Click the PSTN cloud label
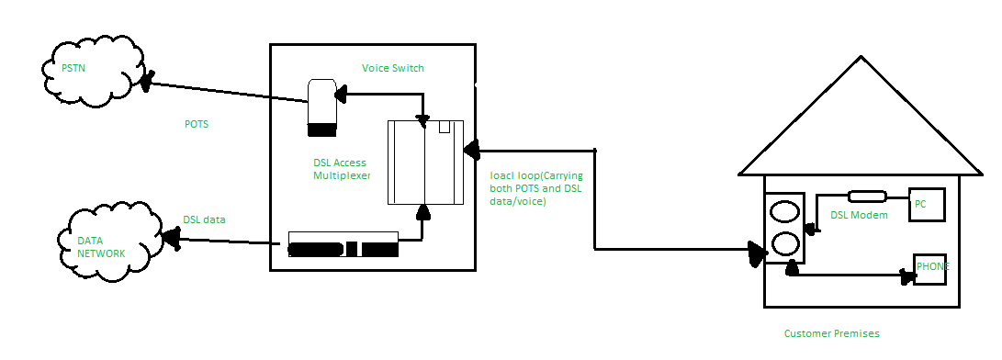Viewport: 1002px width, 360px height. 73,67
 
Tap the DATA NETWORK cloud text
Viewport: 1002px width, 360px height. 101,247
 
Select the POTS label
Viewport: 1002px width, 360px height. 197,124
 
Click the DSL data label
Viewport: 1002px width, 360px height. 204,219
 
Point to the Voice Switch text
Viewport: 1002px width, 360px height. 392,68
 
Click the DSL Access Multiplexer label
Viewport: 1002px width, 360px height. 342,169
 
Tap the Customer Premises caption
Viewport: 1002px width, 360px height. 831,333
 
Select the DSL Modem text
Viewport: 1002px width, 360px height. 859,215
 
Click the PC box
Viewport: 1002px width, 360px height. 927,205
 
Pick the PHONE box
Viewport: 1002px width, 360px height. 929,269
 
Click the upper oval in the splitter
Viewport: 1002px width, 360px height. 785,211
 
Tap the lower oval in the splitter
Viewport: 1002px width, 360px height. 785,243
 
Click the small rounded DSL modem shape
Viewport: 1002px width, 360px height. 866,197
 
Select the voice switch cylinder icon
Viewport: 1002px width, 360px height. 322,107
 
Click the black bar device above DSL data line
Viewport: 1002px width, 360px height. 343,244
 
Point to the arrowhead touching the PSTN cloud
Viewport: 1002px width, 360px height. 148,82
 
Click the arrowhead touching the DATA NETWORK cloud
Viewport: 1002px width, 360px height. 171,238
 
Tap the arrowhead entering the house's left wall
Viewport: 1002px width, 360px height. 759,253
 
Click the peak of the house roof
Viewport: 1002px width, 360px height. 861,56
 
